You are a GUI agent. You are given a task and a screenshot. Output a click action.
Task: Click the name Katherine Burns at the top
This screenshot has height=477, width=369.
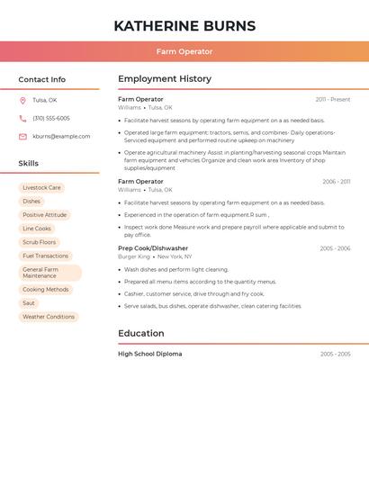pos(184,26)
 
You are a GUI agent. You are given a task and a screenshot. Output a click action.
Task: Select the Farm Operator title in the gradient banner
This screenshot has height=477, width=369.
pos(184,51)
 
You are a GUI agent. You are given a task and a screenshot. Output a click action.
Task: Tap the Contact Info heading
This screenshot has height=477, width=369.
pos(42,79)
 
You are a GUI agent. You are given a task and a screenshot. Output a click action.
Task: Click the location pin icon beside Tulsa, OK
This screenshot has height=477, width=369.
pos(22,100)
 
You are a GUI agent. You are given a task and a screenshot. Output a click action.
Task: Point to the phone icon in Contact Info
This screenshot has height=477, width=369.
pos(22,118)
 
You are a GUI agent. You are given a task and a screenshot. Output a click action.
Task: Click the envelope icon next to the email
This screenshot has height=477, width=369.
pos(22,136)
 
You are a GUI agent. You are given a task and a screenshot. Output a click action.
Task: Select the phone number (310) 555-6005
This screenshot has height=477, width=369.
pos(51,118)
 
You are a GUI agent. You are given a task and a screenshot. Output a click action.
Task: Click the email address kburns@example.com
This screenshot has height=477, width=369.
pos(61,136)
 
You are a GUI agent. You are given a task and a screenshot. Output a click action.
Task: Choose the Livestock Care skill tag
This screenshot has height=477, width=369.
pos(41,188)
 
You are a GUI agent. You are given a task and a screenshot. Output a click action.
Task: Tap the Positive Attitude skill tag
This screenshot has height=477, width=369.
pos(44,215)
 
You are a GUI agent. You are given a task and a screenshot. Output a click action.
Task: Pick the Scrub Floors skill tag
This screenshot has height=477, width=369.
pos(39,242)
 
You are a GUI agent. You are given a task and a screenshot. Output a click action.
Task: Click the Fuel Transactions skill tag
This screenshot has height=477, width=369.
pos(45,256)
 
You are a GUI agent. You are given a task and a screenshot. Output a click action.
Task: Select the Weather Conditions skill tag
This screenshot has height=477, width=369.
pos(49,317)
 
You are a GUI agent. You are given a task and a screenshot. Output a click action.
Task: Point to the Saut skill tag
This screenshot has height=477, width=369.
pos(29,303)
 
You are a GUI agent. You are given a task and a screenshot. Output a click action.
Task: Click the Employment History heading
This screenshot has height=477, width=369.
pos(165,79)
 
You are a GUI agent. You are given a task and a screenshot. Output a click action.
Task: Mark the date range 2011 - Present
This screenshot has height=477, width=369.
pos(333,99)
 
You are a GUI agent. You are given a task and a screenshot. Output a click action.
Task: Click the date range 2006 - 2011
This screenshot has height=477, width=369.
pos(336,182)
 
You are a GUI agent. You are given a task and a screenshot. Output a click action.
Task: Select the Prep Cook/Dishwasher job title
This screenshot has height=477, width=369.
pos(153,248)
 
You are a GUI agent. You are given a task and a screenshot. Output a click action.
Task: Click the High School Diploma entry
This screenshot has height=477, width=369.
pos(149,354)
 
